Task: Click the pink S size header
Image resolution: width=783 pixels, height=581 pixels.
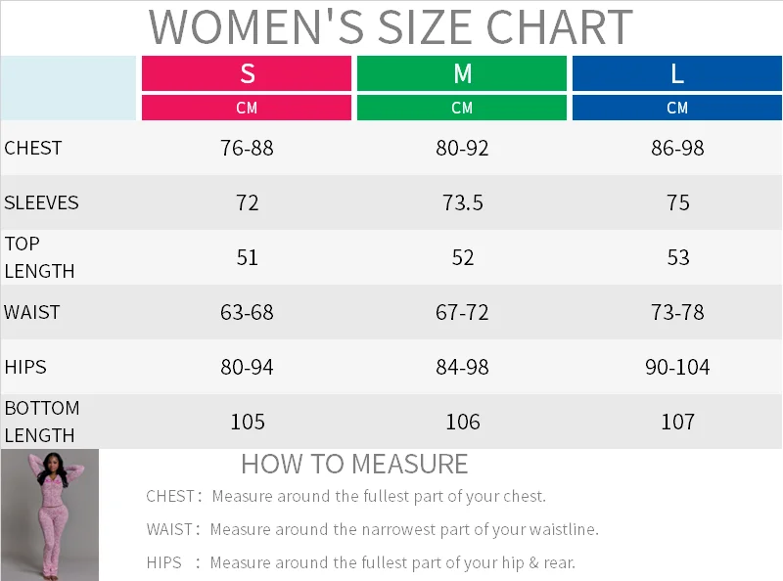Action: [x=247, y=73]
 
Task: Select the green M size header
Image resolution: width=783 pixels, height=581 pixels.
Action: [x=462, y=73]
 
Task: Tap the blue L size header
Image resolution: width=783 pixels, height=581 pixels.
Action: [x=677, y=73]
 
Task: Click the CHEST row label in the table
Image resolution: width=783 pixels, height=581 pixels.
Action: [x=33, y=149]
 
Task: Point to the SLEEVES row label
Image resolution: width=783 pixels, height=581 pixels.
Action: [x=41, y=203]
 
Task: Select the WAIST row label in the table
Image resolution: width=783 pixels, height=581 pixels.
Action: [x=32, y=313]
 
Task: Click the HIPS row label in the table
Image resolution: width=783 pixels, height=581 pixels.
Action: [x=25, y=368]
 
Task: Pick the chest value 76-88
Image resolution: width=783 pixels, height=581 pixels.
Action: [x=247, y=149]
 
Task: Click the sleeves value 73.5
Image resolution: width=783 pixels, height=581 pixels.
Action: [x=462, y=203]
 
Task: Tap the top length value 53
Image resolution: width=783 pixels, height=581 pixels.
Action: [x=677, y=258]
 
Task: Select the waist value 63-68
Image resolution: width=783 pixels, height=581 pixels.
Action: [x=247, y=313]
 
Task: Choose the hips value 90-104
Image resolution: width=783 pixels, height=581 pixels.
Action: [x=677, y=368]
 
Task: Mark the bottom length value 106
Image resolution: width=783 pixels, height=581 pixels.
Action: [x=462, y=423]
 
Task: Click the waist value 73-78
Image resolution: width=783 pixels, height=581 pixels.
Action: [x=677, y=313]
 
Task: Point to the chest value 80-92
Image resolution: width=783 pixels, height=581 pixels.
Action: [x=462, y=149]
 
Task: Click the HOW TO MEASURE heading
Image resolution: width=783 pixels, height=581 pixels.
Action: [x=354, y=464]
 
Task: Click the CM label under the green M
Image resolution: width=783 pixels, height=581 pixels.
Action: [x=462, y=108]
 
